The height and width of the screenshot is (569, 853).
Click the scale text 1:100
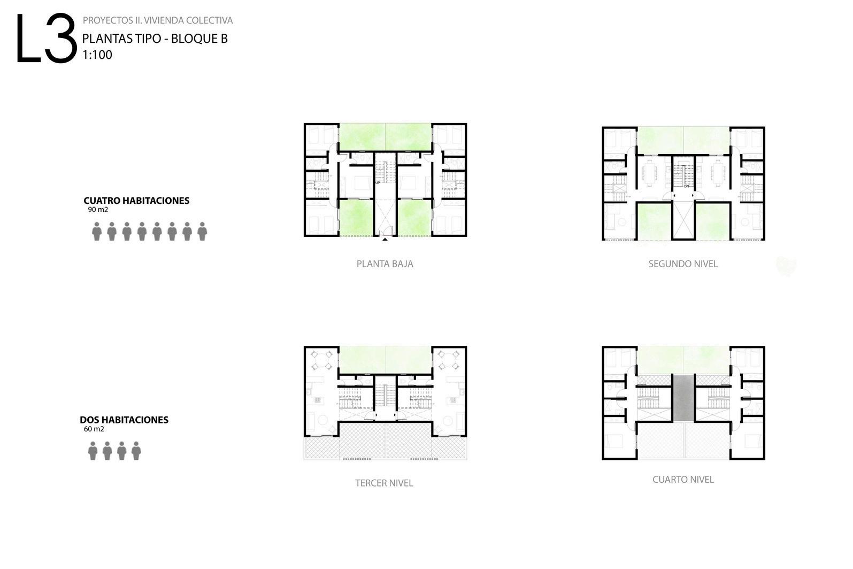97,55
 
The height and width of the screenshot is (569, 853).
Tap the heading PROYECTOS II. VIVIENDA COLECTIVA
157,20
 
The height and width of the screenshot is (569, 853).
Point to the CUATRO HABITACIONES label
136,201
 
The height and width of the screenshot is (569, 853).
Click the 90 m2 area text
98,210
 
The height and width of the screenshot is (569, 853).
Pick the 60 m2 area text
94,429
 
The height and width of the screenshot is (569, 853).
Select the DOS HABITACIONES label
124,420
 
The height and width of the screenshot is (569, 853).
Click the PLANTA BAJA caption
385,264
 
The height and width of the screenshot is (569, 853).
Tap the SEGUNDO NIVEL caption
683,264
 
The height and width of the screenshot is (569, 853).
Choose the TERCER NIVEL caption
384,483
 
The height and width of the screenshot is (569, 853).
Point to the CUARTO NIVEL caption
683,480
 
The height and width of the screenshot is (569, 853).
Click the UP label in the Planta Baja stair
378,183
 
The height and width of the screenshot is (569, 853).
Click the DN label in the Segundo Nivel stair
686,186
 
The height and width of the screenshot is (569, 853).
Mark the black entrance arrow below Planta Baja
385,239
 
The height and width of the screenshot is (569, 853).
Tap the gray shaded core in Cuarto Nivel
683,397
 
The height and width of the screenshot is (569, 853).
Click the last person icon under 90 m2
202,231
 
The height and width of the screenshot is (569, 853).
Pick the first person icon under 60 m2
93,451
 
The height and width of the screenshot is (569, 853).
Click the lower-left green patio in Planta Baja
355,217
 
